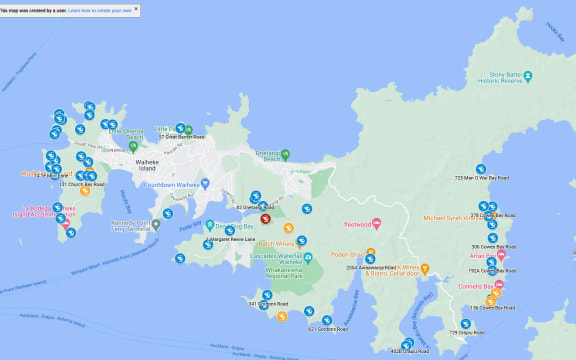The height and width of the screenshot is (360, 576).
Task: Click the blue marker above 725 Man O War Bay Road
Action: [481, 168]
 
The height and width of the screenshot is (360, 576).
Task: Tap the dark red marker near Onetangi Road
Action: [265, 218]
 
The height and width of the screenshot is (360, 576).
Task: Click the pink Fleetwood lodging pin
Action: [376, 222]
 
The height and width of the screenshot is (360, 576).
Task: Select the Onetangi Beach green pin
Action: [285, 155]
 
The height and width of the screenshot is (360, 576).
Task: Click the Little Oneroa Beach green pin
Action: [132, 147]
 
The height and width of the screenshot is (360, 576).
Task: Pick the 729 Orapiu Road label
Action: [467, 332]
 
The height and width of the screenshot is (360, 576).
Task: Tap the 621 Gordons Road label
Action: [327, 328]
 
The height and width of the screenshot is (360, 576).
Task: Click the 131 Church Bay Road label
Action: [82, 185]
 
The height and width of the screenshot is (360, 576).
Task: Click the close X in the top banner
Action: [136, 9]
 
